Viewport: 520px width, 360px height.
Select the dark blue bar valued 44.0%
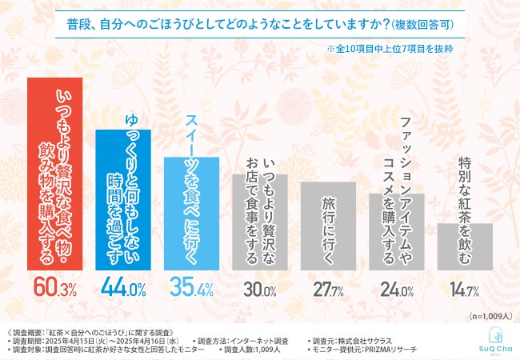click(x=122, y=200)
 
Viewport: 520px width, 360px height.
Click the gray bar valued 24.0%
click(x=396, y=232)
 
